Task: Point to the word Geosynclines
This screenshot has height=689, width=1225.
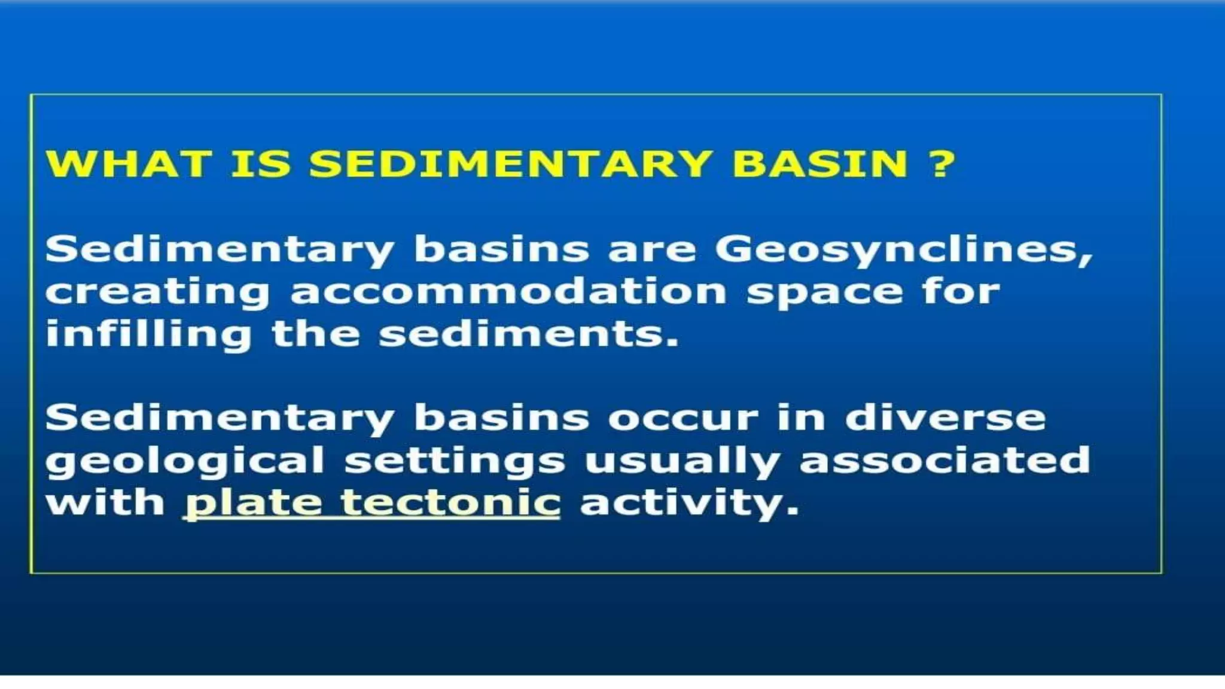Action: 903,249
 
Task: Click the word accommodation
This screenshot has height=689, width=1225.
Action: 508,292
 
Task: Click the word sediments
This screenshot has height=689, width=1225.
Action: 529,334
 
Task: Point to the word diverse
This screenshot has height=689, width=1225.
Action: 945,417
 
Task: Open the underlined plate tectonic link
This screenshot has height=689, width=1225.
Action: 372,503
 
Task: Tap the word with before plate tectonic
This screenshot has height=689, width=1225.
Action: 105,502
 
